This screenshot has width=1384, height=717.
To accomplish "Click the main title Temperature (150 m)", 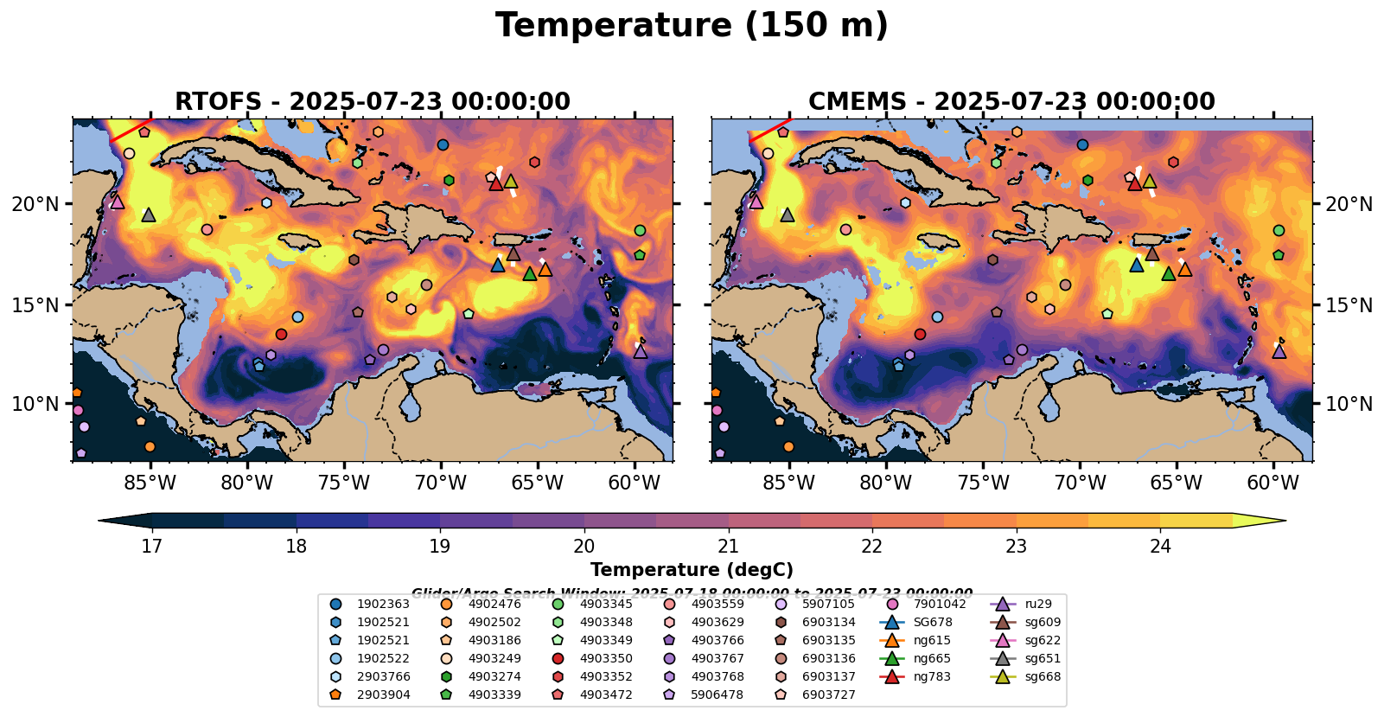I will [x=692, y=26].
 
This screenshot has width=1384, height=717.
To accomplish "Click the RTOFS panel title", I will [x=373, y=101].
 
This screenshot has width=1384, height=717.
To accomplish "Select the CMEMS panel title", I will [x=1011, y=101].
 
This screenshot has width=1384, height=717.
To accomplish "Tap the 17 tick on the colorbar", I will [x=152, y=546].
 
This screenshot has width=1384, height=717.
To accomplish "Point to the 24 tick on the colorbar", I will [x=1160, y=546].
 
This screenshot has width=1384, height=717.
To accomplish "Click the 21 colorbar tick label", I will [x=729, y=546].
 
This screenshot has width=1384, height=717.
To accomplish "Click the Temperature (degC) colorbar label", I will [x=692, y=569].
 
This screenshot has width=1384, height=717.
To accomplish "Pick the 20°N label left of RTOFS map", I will [x=36, y=204].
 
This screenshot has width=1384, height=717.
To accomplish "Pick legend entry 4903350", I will [x=606, y=658].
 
